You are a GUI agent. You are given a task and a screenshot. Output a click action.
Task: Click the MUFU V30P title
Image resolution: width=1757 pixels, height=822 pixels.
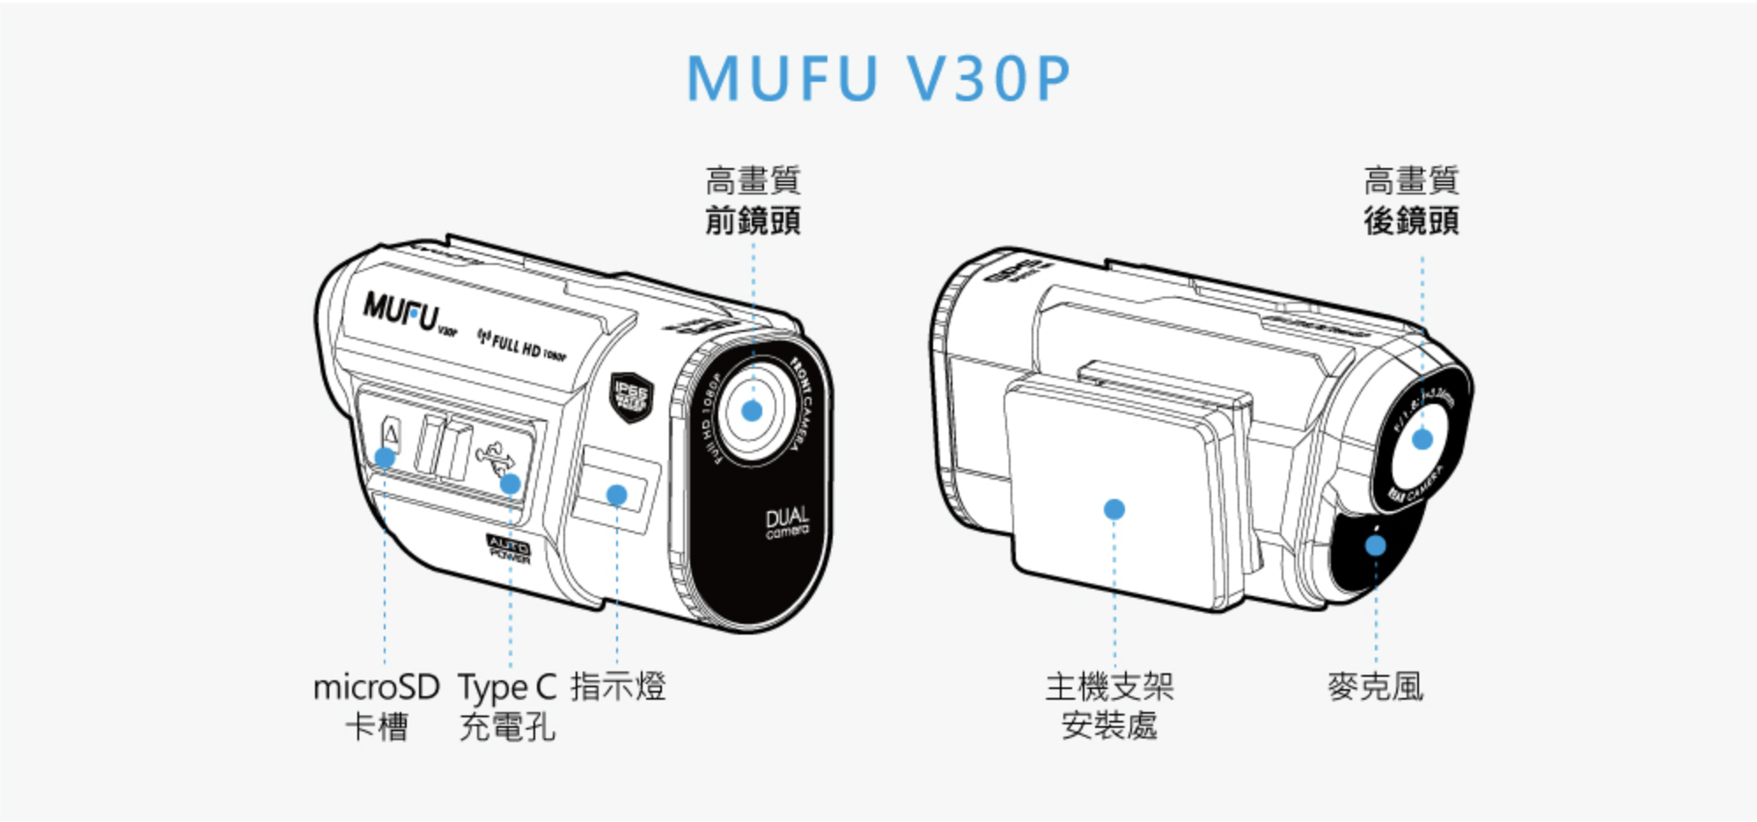click(x=878, y=78)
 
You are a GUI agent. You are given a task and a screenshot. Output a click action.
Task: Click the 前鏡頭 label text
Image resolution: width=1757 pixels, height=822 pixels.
click(x=753, y=220)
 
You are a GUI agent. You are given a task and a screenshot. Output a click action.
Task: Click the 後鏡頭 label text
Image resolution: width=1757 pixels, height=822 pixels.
click(x=1411, y=220)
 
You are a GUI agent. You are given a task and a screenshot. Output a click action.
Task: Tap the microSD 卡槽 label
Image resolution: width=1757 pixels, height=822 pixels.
click(x=377, y=707)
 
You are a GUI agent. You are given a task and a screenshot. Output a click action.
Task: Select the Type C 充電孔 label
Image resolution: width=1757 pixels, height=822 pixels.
click(x=508, y=707)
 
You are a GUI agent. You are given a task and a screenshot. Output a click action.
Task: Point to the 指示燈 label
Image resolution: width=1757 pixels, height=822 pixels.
click(x=618, y=686)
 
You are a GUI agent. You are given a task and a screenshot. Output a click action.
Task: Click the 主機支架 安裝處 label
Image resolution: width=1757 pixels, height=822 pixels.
click(x=1109, y=707)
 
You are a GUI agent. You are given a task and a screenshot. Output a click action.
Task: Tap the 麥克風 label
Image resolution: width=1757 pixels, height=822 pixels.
click(x=1375, y=686)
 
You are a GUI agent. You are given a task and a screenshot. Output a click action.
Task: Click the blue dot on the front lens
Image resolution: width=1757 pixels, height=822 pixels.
click(x=752, y=410)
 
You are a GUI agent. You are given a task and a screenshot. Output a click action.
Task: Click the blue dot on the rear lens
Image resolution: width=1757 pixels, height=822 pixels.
click(x=1423, y=439)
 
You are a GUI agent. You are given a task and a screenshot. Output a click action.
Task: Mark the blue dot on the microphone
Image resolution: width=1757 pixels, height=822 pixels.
click(x=1375, y=546)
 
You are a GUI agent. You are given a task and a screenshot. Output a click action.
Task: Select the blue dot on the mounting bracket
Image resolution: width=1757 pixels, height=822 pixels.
click(x=1114, y=509)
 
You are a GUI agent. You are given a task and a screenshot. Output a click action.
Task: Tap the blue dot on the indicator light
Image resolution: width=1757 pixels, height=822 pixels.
click(x=617, y=495)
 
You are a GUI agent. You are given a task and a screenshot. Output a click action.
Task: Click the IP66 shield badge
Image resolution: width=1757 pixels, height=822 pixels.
click(x=631, y=396)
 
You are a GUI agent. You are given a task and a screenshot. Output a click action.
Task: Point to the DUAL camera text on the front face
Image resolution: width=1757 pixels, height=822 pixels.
click(x=786, y=522)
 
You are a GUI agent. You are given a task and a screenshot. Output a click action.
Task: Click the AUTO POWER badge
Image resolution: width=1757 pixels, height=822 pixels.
click(x=509, y=549)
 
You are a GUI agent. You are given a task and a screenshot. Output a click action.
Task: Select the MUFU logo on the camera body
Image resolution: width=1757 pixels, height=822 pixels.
click(x=401, y=310)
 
